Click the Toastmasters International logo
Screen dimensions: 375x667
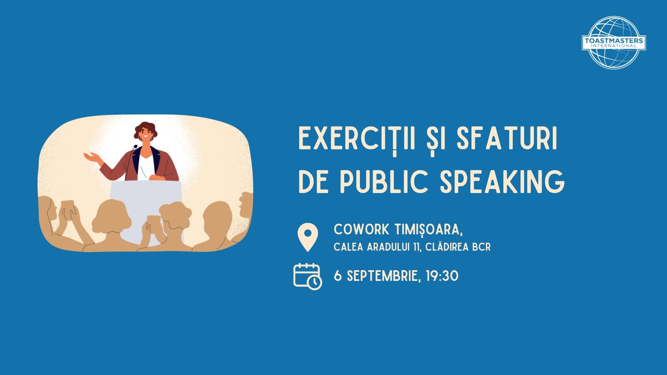614,42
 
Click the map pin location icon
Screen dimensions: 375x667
308,237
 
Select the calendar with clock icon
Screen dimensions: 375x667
307,276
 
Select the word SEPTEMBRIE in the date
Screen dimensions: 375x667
382,276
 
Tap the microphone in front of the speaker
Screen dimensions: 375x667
134,148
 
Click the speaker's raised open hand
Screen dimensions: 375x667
91,158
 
